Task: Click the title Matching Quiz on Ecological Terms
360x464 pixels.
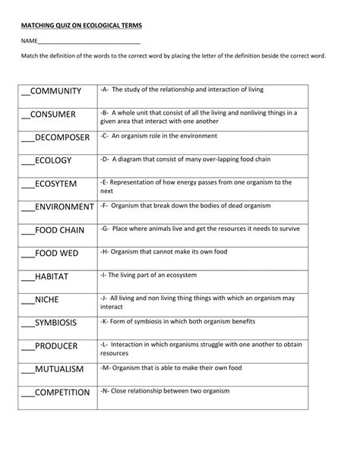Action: [x=81, y=25]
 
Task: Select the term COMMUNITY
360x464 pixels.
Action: [x=55, y=91]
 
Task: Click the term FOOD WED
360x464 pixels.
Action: [x=56, y=253]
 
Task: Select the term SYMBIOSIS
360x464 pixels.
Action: [x=55, y=323]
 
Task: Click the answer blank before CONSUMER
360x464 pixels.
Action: [x=25, y=116]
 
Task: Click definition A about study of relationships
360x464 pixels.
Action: [x=182, y=89]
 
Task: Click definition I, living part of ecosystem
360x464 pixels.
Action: [x=149, y=274]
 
